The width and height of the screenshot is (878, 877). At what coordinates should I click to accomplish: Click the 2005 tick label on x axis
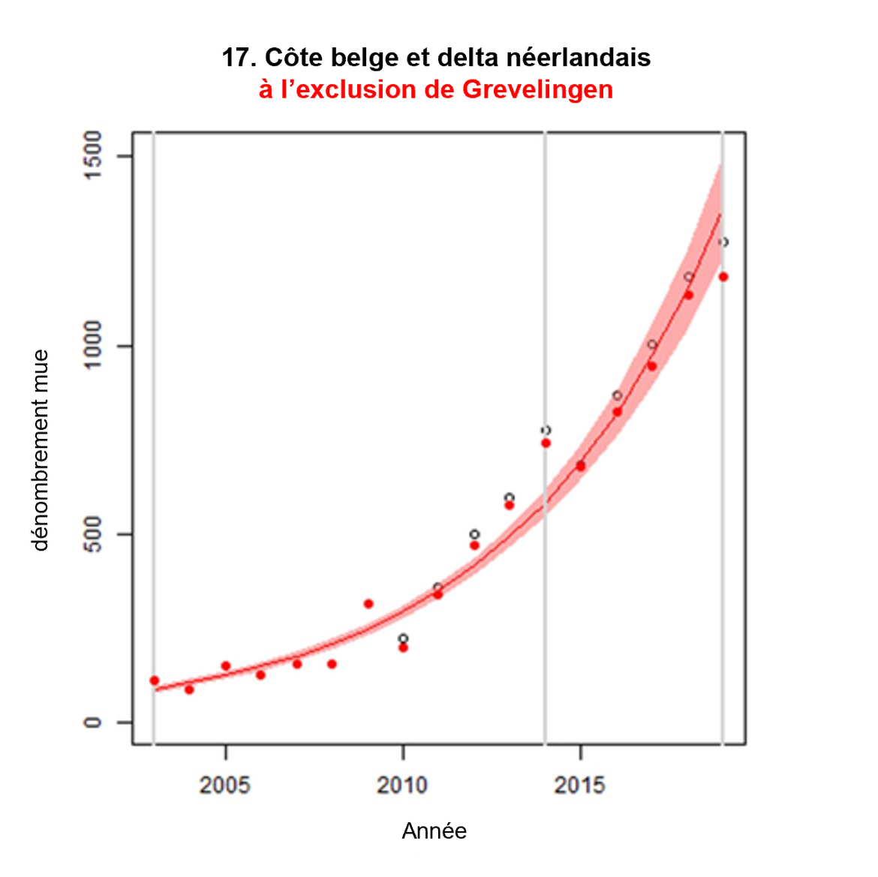coord(225,785)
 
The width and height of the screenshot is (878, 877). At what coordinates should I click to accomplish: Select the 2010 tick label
coord(402,785)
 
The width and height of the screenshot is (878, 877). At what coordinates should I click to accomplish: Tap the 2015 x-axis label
coord(579,785)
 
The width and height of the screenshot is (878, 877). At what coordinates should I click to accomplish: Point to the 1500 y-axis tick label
coord(93,155)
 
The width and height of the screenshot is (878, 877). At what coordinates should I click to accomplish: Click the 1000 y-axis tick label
coord(93,345)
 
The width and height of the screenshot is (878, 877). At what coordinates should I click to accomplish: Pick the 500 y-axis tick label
coord(93,534)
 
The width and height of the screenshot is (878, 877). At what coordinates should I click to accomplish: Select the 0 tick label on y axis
coord(93,722)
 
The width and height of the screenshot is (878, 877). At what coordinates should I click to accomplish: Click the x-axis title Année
coord(434,831)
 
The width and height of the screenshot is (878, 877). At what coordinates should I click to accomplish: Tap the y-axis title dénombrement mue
coord(41,450)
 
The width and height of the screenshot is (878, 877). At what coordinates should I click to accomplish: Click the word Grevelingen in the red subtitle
coord(537,89)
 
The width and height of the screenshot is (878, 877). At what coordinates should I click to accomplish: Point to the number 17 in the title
coord(237,58)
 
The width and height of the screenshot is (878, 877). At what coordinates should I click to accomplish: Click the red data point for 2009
coord(368,604)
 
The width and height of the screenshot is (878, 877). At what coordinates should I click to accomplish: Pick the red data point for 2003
coord(155,680)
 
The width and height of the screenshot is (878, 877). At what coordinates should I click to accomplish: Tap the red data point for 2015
coord(580,466)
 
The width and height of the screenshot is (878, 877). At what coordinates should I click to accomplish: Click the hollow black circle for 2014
coord(546,431)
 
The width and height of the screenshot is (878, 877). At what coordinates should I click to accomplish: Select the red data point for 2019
coord(723,277)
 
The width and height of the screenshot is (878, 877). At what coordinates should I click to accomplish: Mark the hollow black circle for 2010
coord(403,638)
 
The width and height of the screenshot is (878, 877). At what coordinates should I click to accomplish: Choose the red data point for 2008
coord(332,664)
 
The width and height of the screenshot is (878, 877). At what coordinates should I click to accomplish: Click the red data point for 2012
coord(474,545)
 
